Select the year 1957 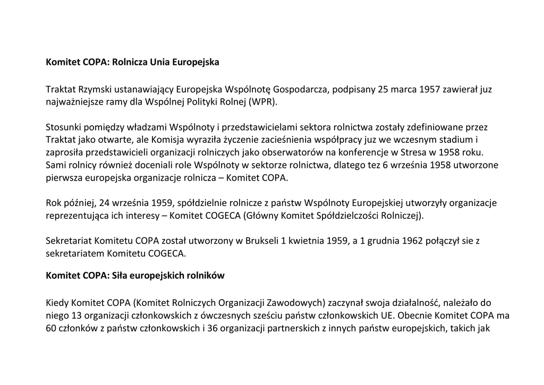pos(430,89)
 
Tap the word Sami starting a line pos(55,165)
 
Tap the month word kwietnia pos(305,241)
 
